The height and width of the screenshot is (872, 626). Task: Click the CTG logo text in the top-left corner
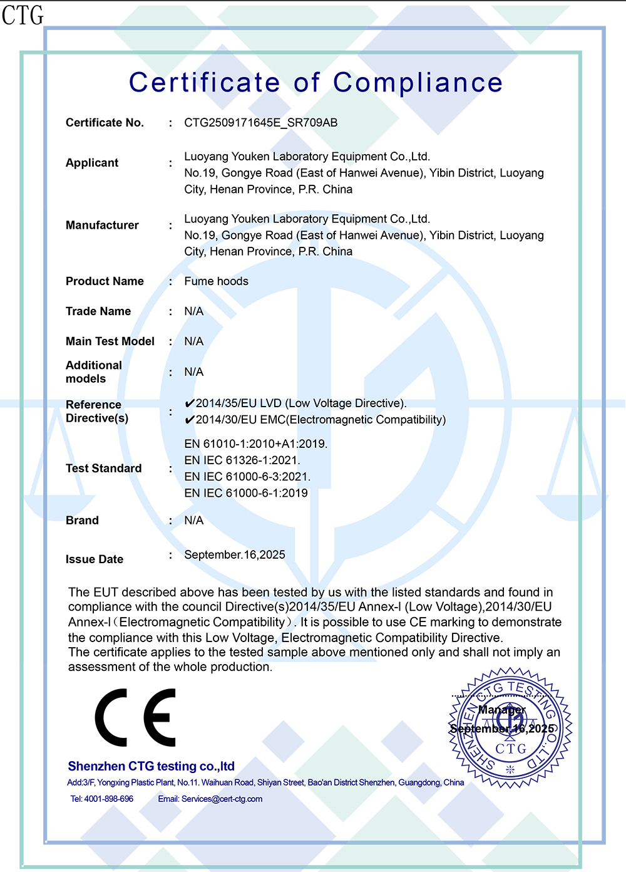click(x=23, y=15)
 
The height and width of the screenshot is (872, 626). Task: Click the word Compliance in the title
click(x=418, y=83)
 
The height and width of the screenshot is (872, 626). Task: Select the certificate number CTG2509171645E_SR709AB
click(x=260, y=123)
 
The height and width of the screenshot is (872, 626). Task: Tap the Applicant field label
click(x=92, y=163)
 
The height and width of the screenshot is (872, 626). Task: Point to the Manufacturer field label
click(x=102, y=226)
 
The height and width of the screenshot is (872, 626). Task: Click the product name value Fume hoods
click(x=216, y=281)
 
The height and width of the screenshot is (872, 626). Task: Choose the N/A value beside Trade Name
click(x=193, y=311)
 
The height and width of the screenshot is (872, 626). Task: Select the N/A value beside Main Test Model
click(x=193, y=341)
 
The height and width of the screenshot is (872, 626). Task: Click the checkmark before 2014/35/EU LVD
click(x=190, y=403)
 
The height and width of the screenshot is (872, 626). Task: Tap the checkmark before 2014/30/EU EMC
click(x=190, y=420)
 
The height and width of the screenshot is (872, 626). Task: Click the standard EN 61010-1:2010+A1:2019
click(x=255, y=444)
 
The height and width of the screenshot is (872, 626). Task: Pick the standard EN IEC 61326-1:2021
click(x=242, y=460)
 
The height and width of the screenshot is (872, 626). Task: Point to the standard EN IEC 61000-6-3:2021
click(x=247, y=477)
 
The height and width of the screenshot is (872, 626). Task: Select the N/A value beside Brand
click(x=193, y=521)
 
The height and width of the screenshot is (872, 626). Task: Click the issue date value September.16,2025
click(x=235, y=555)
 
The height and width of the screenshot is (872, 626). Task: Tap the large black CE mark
click(x=135, y=718)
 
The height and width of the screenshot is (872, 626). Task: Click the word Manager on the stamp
click(x=501, y=710)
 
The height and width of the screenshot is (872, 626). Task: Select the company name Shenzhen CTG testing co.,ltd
click(x=151, y=766)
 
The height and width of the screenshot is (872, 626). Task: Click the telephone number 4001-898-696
click(x=109, y=799)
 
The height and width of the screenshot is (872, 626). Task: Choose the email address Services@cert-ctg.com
click(x=222, y=799)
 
